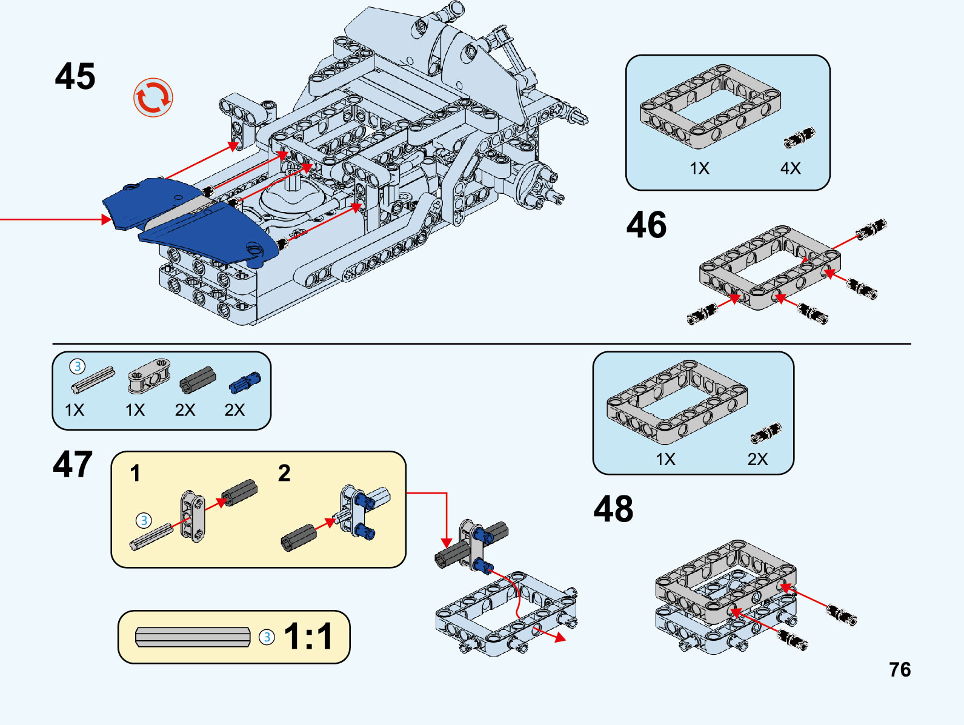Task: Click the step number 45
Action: [75, 77]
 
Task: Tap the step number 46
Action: [647, 225]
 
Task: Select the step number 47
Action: [73, 465]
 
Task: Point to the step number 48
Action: [613, 509]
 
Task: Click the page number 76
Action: [900, 670]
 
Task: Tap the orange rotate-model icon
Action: [153, 97]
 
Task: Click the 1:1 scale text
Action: [308, 637]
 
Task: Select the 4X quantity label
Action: [790, 168]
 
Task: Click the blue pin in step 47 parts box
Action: [245, 383]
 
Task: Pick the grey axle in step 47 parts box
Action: [93, 380]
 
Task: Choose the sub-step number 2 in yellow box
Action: [284, 473]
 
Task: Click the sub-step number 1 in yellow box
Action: [135, 473]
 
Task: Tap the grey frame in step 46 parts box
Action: [710, 107]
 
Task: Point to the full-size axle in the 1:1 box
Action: [193, 637]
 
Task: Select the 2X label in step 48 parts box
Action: [757, 459]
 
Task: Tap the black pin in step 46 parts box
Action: [799, 138]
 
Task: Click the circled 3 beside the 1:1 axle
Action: [267, 637]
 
